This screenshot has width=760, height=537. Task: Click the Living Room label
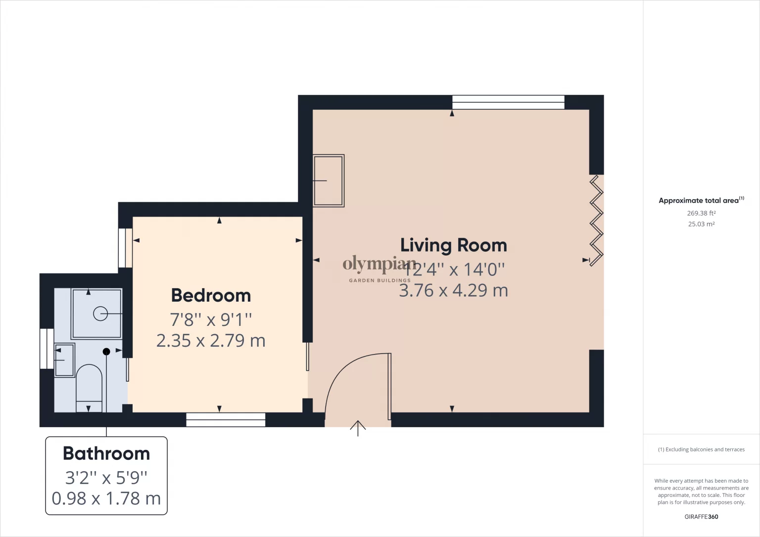pyautogui.click(x=454, y=245)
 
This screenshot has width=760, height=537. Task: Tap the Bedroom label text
pyautogui.click(x=211, y=295)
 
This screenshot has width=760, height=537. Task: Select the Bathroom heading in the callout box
pyautogui.click(x=106, y=453)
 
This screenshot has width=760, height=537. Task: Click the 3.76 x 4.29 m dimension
pyautogui.click(x=453, y=291)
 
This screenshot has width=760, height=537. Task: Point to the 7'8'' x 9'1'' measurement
pyautogui.click(x=211, y=320)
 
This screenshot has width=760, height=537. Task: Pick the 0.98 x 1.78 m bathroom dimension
pyautogui.click(x=106, y=498)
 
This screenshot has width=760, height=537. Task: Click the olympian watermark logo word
pyautogui.click(x=380, y=265)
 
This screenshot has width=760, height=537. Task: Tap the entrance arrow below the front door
pyautogui.click(x=358, y=428)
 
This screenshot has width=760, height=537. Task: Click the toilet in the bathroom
pyautogui.click(x=89, y=388)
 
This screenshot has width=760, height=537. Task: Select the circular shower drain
pyautogui.click(x=100, y=313)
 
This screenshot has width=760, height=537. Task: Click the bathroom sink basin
pyautogui.click(x=64, y=360)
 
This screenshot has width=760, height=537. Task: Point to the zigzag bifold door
pyautogui.click(x=596, y=221)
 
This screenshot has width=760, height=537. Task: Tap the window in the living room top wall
pyautogui.click(x=508, y=102)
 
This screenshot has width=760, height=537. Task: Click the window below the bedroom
pyautogui.click(x=226, y=420)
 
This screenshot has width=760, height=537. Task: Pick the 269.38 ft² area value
pyautogui.click(x=701, y=213)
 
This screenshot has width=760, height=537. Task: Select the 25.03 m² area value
pyautogui.click(x=701, y=224)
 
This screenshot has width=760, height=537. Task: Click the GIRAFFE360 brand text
pyautogui.click(x=701, y=517)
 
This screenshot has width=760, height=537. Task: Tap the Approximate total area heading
pyautogui.click(x=701, y=200)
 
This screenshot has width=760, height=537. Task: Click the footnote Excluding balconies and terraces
pyautogui.click(x=701, y=449)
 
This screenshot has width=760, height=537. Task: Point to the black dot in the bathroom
pyautogui.click(x=106, y=352)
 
